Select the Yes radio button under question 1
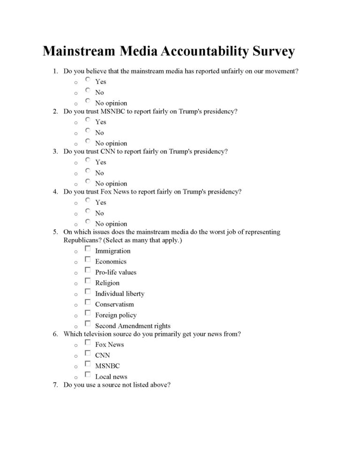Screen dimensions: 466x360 (88, 79)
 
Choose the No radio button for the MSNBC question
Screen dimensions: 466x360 (88, 130)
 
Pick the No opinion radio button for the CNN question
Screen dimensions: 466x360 (88, 181)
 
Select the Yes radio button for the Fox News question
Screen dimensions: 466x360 (88, 200)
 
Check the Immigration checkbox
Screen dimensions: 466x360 (88, 248)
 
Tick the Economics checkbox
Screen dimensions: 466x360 (88, 259)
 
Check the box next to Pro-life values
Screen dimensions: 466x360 (88, 270)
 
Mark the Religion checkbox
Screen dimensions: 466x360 (88, 281)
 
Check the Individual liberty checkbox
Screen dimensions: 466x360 (88, 292)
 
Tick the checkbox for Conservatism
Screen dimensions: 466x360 (88, 302)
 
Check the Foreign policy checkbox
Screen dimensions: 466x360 (88, 313)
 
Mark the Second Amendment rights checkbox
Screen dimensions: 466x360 (88, 323)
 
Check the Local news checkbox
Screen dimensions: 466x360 (88, 375)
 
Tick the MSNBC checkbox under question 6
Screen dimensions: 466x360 (88, 364)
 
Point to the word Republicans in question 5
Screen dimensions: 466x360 (80, 241)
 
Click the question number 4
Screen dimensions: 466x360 (55, 192)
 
